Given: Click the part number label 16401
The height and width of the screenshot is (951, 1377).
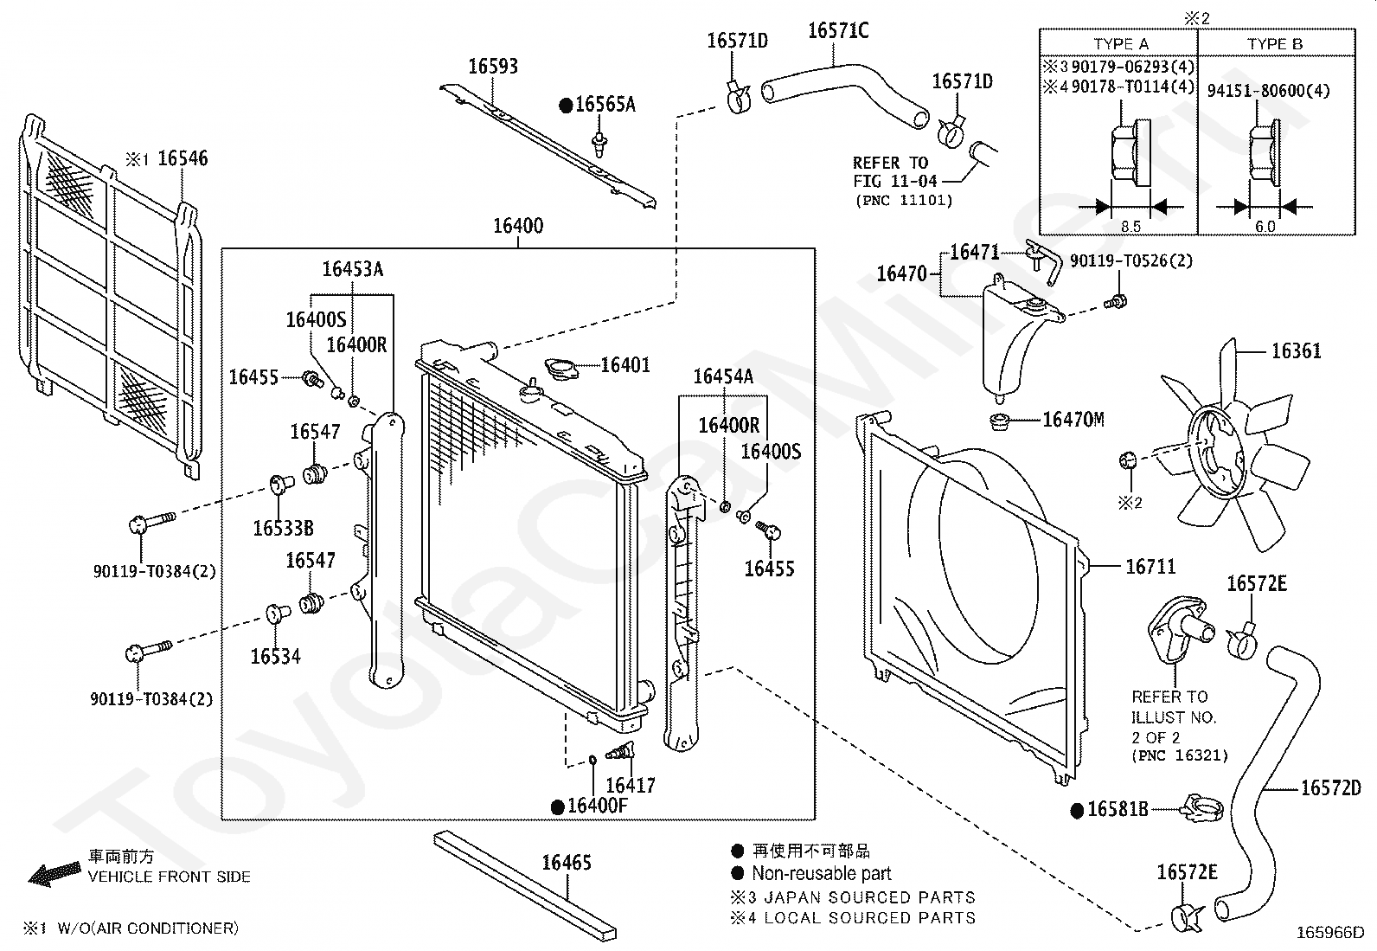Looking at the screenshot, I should [x=624, y=365].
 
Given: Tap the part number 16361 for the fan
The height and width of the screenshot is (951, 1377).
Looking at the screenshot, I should [x=1296, y=351].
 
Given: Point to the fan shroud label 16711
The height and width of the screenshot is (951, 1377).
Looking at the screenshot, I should [x=1150, y=567].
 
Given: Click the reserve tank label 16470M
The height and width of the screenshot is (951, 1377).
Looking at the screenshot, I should [x=1073, y=420].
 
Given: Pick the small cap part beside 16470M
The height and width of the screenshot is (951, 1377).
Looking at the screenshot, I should [x=1001, y=423].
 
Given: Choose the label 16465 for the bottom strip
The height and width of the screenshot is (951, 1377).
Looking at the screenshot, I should [x=567, y=863].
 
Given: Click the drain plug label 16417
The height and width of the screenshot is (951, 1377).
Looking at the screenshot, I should [x=630, y=786].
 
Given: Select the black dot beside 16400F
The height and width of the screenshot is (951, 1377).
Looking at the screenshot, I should [x=558, y=806].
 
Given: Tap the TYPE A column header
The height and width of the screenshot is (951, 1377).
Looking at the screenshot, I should [x=1120, y=44].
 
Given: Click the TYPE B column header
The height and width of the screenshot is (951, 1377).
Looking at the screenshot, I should [x=1275, y=44].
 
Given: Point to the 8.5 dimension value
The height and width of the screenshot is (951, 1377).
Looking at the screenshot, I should [x=1130, y=227].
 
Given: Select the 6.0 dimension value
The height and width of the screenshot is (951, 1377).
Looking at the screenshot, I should [x=1264, y=227].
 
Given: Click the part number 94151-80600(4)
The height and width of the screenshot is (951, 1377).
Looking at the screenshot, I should [x=1268, y=91].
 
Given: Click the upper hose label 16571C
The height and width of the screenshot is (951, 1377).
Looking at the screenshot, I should [x=838, y=31].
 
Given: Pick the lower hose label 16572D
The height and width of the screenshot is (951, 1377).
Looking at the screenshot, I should [x=1330, y=787].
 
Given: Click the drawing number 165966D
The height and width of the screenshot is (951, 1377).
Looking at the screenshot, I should [x=1329, y=933].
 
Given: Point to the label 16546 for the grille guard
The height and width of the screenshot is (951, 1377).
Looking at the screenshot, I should [x=183, y=158].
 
